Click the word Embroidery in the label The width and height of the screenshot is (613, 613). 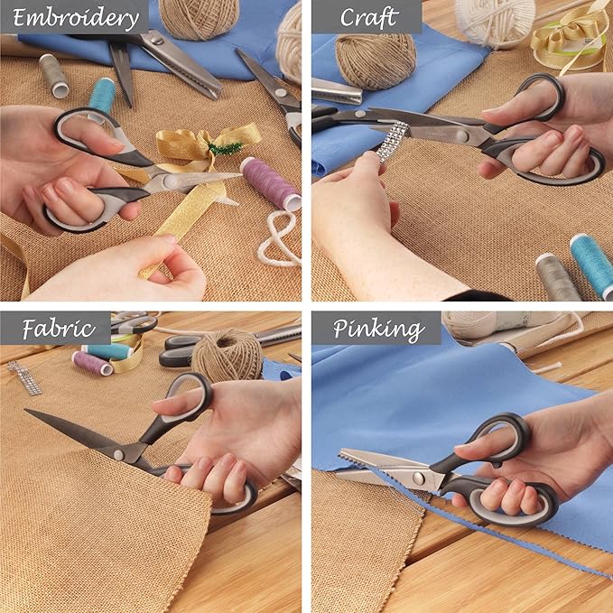point(76,17)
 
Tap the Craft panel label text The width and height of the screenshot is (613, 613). point(369,17)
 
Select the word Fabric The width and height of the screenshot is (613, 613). point(59,329)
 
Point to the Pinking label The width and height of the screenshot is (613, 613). point(379,330)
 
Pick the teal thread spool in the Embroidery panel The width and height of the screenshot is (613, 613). point(102,97)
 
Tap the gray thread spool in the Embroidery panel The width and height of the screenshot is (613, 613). point(54,76)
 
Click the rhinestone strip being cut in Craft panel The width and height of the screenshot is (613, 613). point(392,141)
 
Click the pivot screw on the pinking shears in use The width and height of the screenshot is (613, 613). point(419,478)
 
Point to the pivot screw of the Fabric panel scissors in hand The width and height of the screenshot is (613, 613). point(118,455)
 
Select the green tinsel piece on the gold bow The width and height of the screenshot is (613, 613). point(226,148)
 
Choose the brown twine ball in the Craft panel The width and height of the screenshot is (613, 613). point(376,61)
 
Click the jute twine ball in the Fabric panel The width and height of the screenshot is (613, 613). point(228,360)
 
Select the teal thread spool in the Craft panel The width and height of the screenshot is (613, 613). point(592,265)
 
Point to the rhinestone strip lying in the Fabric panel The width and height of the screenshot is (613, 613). point(24,377)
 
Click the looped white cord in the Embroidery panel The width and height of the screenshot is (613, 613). point(279,238)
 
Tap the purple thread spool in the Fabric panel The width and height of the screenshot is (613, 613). point(92,363)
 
